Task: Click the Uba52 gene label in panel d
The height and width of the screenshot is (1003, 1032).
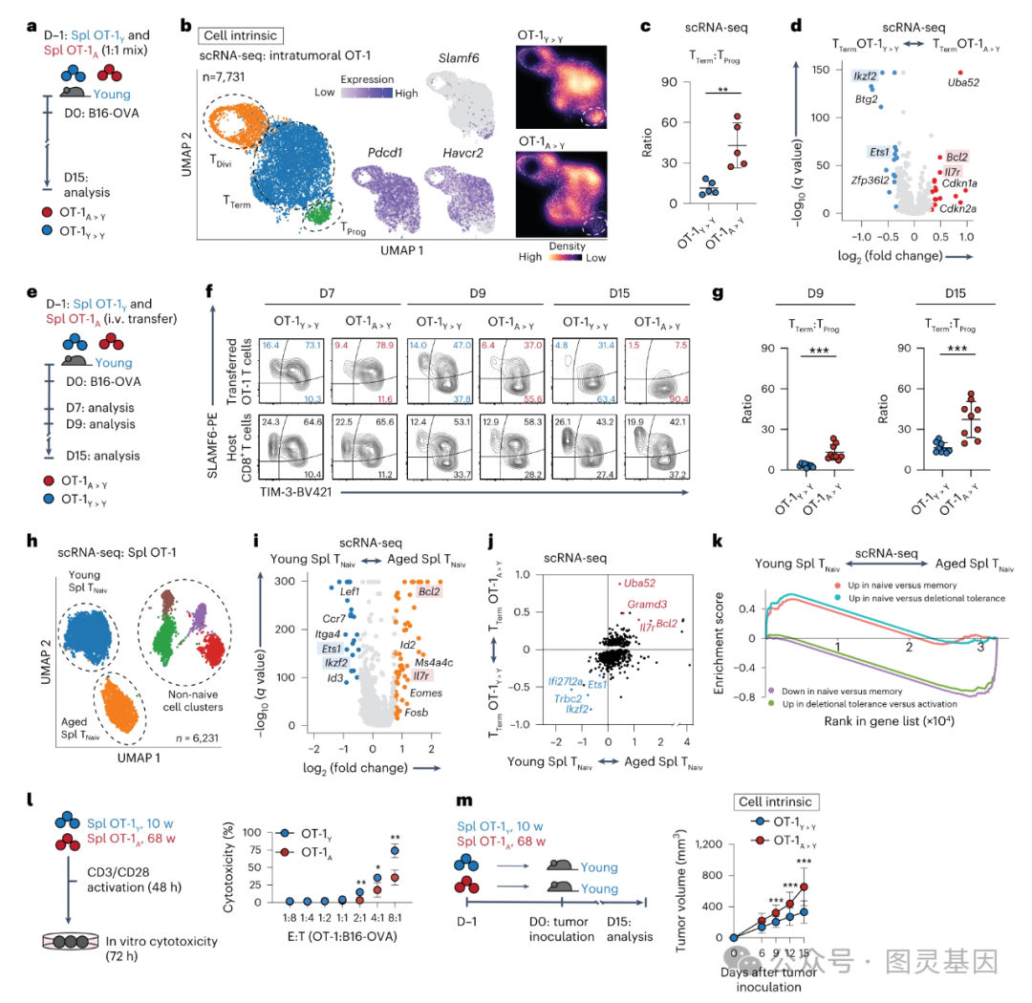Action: coord(956,83)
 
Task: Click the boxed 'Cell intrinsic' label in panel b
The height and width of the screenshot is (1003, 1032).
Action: coord(239,36)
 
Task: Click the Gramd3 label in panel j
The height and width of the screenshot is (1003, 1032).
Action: coord(648,604)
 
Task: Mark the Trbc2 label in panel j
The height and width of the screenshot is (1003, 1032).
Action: coord(569,698)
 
